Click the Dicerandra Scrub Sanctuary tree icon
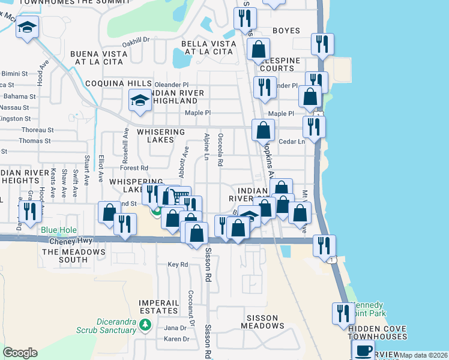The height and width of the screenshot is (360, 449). point(145,325)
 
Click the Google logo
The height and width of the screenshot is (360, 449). point(20,353)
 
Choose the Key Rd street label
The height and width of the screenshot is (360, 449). point(178,264)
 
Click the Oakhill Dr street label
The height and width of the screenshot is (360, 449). point(135,40)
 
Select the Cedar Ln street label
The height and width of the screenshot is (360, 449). point(293,142)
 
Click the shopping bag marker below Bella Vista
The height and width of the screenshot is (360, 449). point(259,50)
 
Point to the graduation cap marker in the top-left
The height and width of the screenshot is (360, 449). point(27,28)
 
